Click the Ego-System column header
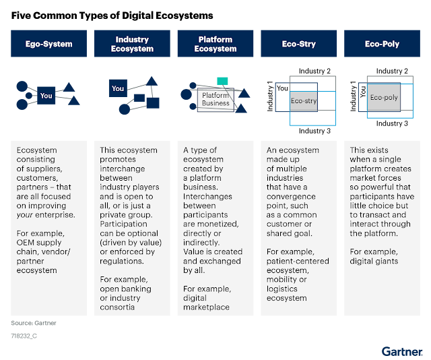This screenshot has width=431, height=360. [x=48, y=44]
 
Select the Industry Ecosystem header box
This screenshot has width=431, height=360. [x=132, y=44]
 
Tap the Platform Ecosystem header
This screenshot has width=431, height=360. [x=215, y=44]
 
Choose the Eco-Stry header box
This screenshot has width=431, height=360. [x=299, y=44]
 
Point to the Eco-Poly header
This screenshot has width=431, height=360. [x=382, y=44]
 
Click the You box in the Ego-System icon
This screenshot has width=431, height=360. [x=46, y=96]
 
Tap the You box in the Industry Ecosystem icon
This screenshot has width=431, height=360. [x=118, y=88]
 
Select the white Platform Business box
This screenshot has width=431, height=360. [x=215, y=100]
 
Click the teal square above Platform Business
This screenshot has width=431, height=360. [x=222, y=82]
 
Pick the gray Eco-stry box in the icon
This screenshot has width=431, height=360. [x=303, y=101]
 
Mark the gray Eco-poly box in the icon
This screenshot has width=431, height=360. [x=384, y=98]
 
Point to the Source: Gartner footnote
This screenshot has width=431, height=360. [x=34, y=323]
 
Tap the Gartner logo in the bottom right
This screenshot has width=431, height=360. [x=402, y=351]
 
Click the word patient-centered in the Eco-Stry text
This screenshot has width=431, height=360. [x=298, y=261]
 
